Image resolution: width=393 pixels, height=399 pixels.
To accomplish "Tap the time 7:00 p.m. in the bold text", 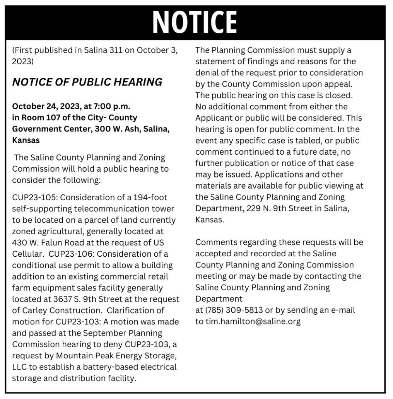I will click(111, 106).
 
